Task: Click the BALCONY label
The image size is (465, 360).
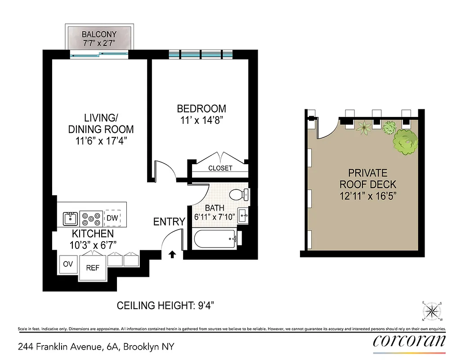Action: (98, 34)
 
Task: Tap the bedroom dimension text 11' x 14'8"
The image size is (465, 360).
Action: (201, 120)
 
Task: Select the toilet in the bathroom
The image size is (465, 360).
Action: (238, 195)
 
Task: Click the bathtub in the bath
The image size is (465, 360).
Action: (215, 238)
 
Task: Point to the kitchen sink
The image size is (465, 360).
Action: (70, 219)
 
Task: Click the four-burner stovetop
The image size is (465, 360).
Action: (91, 219)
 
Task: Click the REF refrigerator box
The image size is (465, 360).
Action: (93, 267)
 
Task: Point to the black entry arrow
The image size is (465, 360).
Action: (172, 255)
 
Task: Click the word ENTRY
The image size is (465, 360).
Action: (169, 221)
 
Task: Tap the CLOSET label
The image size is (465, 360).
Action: (220, 168)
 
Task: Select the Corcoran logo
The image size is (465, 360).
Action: (409, 341)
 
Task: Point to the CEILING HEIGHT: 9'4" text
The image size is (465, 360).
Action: (165, 306)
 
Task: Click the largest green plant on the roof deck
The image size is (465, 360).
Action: (405, 141)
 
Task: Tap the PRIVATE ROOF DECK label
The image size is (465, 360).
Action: (368, 179)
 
